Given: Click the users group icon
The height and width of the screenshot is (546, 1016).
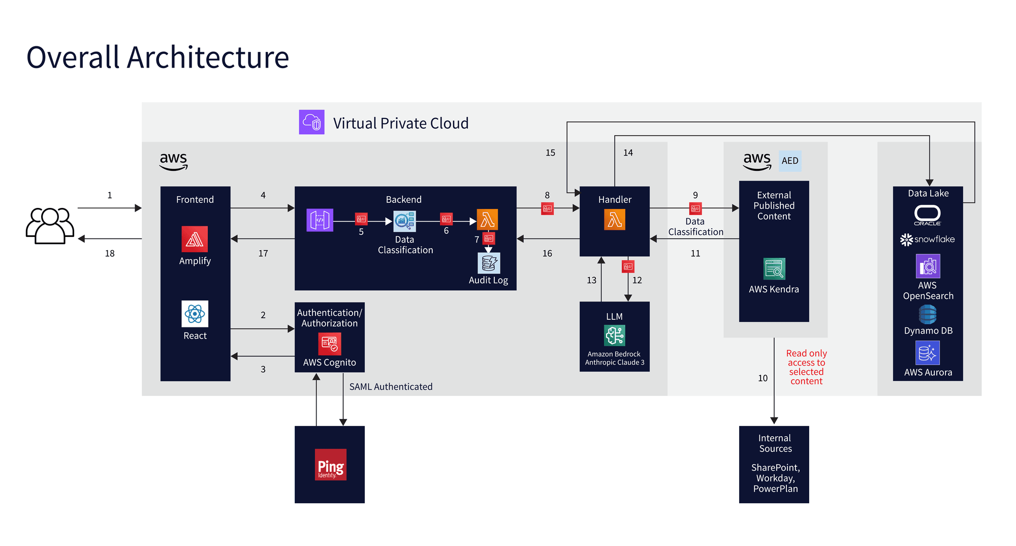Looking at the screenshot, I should [50, 225].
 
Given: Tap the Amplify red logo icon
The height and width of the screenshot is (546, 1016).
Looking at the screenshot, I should [195, 239].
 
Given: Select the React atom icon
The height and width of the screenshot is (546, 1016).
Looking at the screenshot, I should [195, 314].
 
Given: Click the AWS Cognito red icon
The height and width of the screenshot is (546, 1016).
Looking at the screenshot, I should [329, 344].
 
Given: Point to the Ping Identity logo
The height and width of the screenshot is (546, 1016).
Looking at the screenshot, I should [330, 465].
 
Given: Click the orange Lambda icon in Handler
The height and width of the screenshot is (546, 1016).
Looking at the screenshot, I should [614, 220].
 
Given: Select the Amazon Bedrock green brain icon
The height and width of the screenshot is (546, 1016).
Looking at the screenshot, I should [614, 336].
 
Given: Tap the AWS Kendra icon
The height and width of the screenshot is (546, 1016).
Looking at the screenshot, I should [774, 269].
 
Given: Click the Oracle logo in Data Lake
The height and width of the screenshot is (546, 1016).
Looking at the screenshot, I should [927, 215].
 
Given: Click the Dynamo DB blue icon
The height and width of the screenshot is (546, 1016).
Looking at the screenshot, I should [928, 315].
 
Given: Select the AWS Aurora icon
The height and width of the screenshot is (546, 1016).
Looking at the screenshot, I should [927, 353].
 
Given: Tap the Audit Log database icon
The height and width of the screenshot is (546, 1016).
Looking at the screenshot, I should [489, 263].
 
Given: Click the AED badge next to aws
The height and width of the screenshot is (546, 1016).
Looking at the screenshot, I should [789, 161].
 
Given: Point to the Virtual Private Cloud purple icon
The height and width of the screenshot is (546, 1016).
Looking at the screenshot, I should [311, 122].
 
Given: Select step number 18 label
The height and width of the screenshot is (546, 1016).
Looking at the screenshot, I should [110, 253].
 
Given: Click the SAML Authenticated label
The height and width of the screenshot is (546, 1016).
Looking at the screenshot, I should [391, 387].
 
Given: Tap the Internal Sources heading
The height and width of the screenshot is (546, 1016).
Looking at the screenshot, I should [775, 443].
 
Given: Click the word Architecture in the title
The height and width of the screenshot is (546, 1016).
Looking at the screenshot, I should [208, 57].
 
